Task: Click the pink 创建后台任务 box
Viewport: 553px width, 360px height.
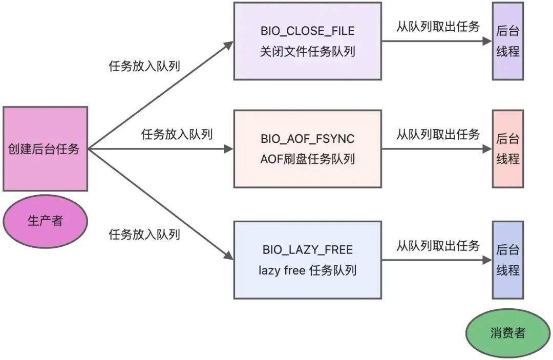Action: tap(45, 149)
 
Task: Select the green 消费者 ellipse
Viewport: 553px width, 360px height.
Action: tap(507, 333)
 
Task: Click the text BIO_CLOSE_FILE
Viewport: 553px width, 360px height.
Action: tap(307, 31)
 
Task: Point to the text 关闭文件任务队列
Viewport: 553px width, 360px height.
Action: tap(307, 52)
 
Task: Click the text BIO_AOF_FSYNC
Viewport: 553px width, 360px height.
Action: tap(307, 139)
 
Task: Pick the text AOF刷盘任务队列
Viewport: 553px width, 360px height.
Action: tap(307, 159)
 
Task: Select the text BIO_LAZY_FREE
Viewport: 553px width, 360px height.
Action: tap(307, 250)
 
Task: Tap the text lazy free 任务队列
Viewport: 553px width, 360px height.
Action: tap(307, 270)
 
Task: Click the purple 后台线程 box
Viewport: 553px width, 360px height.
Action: tap(507, 41)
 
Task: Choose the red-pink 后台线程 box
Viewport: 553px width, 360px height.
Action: tap(507, 149)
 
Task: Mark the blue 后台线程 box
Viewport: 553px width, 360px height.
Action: tap(507, 260)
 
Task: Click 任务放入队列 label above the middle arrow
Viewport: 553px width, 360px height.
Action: tap(177, 135)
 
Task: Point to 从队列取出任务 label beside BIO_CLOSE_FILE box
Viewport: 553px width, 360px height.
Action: tap(438, 27)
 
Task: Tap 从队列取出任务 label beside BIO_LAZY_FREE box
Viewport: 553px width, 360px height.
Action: tap(438, 246)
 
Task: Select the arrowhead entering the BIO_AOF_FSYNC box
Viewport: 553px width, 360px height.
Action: tap(228, 149)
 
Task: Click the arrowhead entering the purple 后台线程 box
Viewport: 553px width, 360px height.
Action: tap(487, 41)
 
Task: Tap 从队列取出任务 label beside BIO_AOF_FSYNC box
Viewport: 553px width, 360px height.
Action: tap(438, 135)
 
